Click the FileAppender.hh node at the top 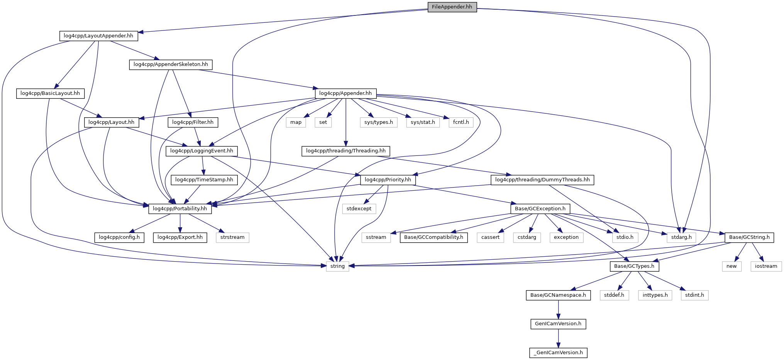point(452,7)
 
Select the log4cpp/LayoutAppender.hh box point(98,36)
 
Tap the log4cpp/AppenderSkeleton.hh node point(171,64)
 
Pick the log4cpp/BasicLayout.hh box point(50,93)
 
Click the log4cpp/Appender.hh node point(345,93)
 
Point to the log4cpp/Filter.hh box point(193,122)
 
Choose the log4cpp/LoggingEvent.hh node point(202,151)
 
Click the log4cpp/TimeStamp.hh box point(204,180)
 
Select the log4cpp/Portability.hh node point(180,209)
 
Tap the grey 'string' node point(337,266)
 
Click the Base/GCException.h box point(540,209)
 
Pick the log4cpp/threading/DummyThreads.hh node point(542,180)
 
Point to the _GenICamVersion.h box point(558,353)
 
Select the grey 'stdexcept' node point(359,209)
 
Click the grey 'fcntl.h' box point(461,122)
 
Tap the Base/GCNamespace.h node point(558,295)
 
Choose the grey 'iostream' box point(766,266)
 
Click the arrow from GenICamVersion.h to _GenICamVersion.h point(558,338)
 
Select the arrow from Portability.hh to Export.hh point(180,223)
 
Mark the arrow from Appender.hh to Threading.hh point(345,122)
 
